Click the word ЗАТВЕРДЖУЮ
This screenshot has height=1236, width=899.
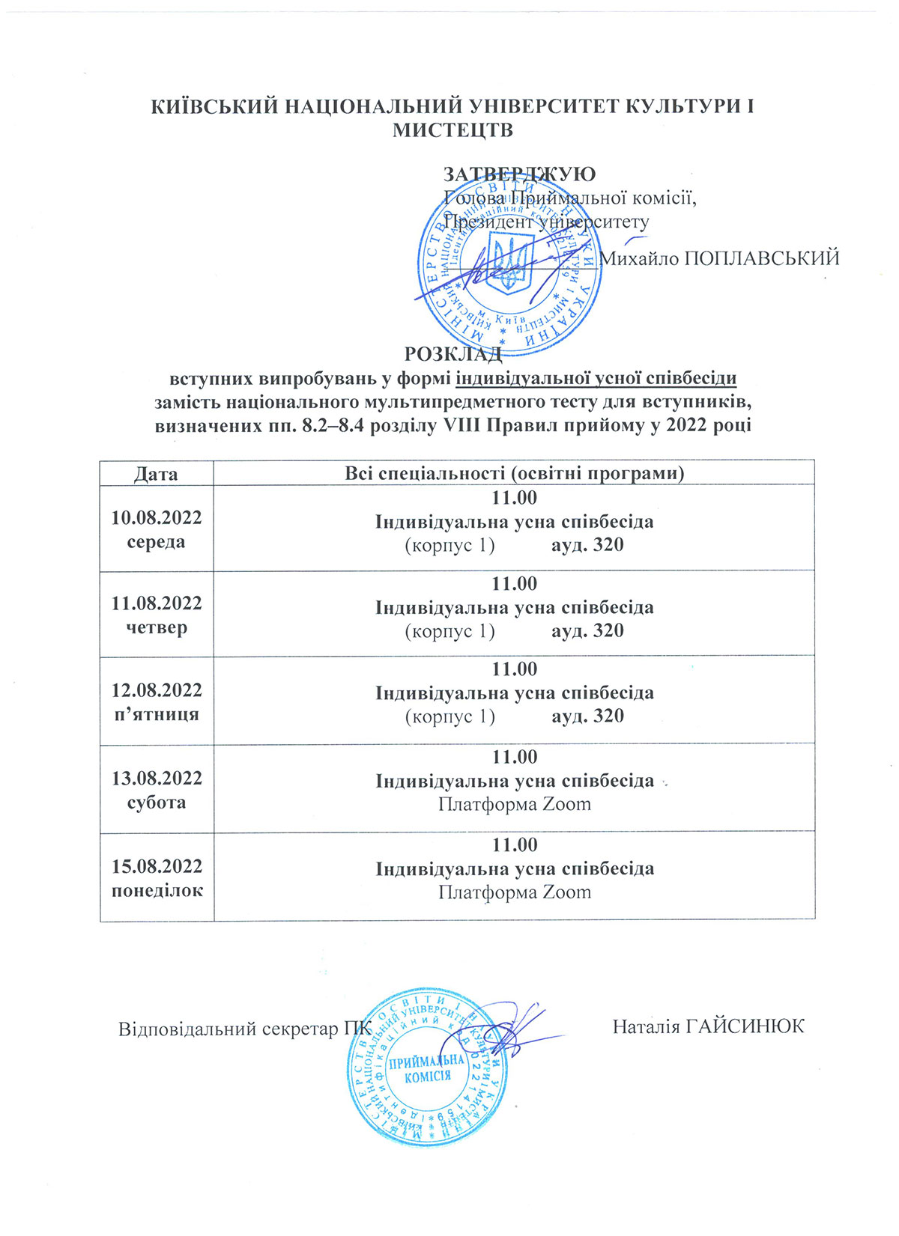(x=519, y=174)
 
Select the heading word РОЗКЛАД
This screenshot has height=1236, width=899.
(x=452, y=353)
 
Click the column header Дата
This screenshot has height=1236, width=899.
(x=157, y=474)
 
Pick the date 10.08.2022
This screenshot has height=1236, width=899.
(x=157, y=518)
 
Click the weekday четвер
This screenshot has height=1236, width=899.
(x=157, y=627)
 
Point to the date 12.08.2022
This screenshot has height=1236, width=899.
(x=157, y=689)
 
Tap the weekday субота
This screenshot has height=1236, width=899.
(x=157, y=803)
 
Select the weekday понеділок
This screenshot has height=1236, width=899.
(x=157, y=890)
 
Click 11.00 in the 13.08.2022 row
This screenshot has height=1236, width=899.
(x=514, y=757)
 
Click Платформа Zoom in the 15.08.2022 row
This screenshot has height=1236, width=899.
(x=514, y=892)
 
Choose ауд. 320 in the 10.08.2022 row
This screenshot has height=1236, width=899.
(x=587, y=544)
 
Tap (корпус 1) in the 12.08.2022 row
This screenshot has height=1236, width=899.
(x=449, y=716)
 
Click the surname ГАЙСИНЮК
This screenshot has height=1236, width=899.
(x=745, y=1026)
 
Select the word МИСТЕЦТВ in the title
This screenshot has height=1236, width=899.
(x=452, y=130)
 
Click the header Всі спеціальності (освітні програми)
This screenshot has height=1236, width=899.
(x=514, y=474)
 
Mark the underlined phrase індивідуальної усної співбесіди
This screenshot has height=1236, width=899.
(x=596, y=378)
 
